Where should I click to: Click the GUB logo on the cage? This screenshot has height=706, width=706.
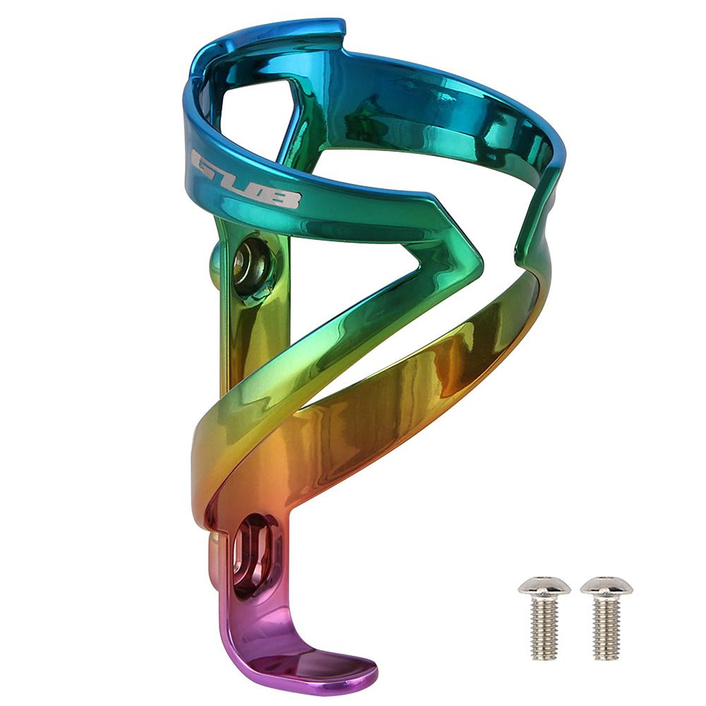pyautogui.click(x=246, y=179)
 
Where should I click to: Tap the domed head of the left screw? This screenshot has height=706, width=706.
pyautogui.click(x=544, y=585)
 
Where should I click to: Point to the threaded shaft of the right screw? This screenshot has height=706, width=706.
pyautogui.click(x=607, y=628)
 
